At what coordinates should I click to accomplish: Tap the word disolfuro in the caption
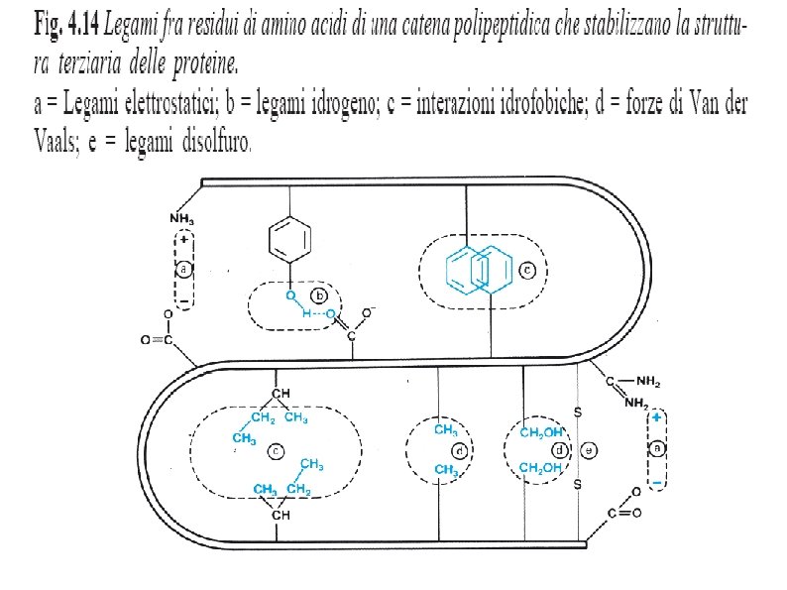click(x=215, y=144)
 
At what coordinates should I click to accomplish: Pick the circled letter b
click(x=319, y=295)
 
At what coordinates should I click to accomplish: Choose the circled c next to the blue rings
click(x=527, y=269)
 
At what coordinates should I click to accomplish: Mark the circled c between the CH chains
click(x=277, y=452)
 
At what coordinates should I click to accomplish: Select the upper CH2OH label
click(x=541, y=432)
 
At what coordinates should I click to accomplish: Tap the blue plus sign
click(x=657, y=419)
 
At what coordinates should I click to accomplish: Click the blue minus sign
click(x=656, y=482)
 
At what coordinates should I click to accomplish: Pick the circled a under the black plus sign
click(x=183, y=270)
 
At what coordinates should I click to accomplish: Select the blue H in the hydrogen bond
click(x=308, y=313)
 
